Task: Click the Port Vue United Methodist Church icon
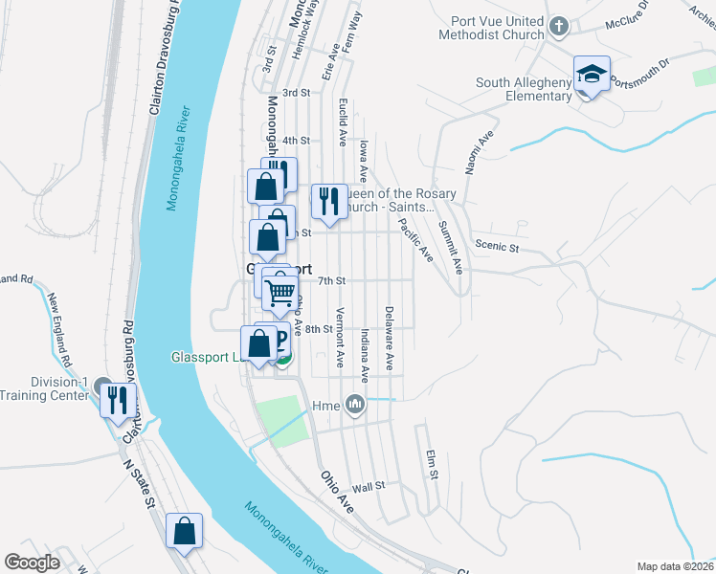[560, 26]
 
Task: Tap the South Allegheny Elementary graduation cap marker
[592, 76]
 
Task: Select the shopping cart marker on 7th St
[280, 292]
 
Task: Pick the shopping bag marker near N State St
[184, 531]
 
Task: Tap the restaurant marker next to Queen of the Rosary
[328, 201]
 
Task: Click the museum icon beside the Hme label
[356, 406]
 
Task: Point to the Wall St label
[368, 486]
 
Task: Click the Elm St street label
[433, 464]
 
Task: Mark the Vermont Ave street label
[340, 338]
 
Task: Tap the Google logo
[33, 563]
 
